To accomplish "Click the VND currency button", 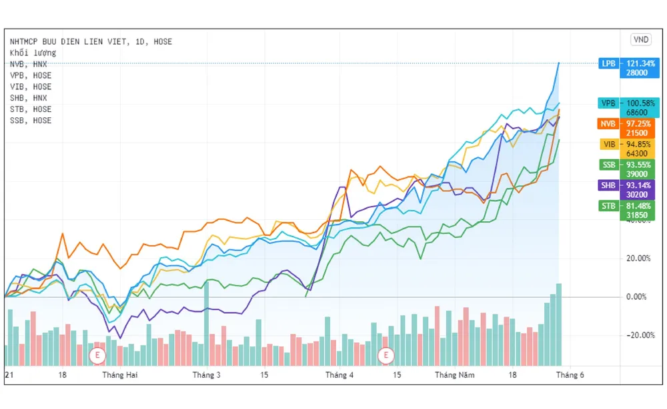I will (x=640, y=39).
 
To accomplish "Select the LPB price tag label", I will (x=608, y=64).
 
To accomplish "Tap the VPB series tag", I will (x=608, y=103).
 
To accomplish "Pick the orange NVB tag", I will (x=608, y=123).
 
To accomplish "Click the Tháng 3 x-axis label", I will (x=207, y=375).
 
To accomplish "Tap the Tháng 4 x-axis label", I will (x=340, y=375).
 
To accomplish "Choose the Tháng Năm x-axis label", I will (x=455, y=375).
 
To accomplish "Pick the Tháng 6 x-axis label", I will (x=570, y=375).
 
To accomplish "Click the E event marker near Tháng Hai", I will (x=97, y=355).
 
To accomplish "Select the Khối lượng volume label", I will (x=33, y=53).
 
